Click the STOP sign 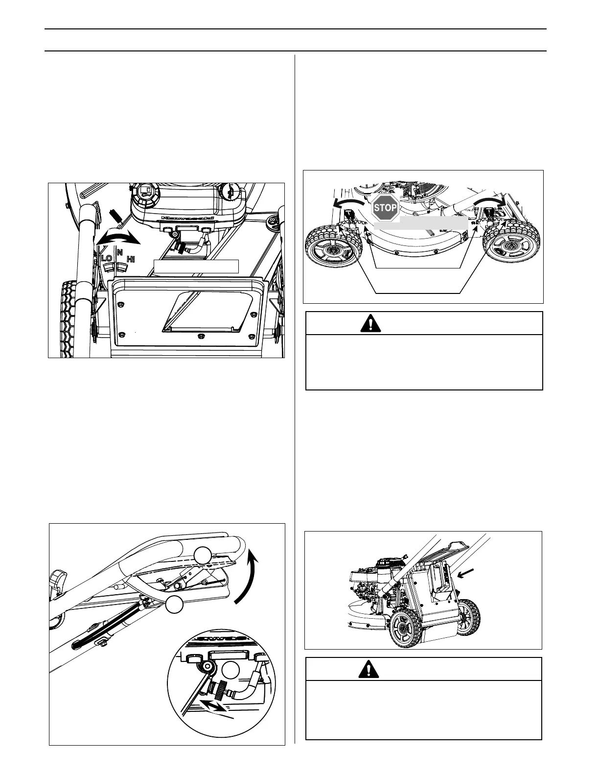pos(385,208)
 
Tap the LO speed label pos(106,258)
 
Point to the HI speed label pos(131,259)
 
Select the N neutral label pos(119,251)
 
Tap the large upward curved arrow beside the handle pos(249,573)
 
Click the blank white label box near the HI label pos(196,266)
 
